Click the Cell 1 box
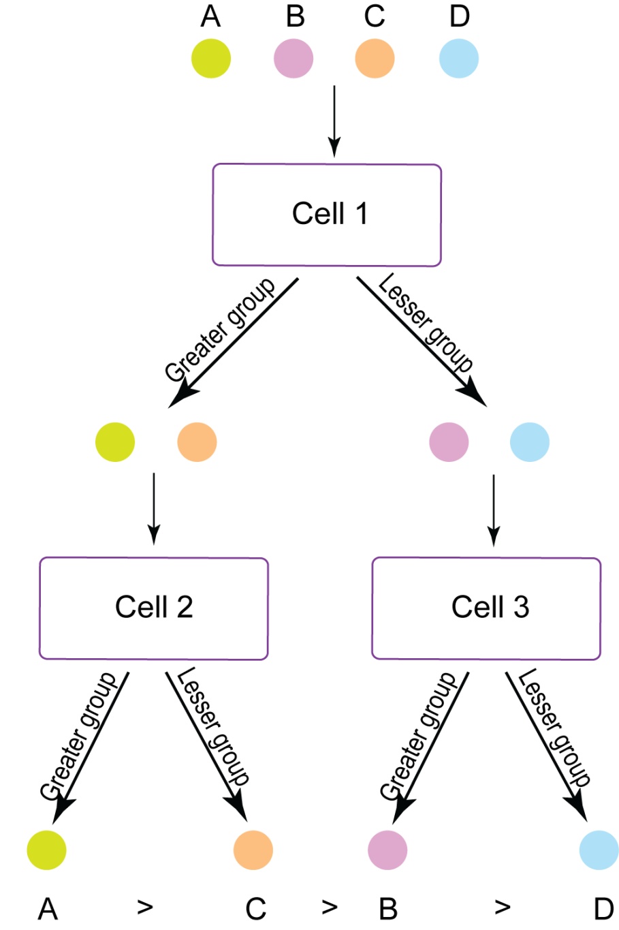(327, 215)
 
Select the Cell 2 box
(154, 608)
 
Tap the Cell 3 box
(486, 608)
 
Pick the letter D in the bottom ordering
(603, 909)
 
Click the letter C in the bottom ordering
(255, 909)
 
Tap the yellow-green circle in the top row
(211, 59)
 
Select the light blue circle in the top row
(459, 59)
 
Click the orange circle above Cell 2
(197, 442)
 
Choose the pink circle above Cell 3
(449, 442)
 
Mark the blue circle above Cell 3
(530, 442)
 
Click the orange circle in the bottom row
(253, 850)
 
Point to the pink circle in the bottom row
(387, 850)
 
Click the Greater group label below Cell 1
(220, 330)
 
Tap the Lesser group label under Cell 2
(213, 726)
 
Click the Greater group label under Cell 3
(417, 736)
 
